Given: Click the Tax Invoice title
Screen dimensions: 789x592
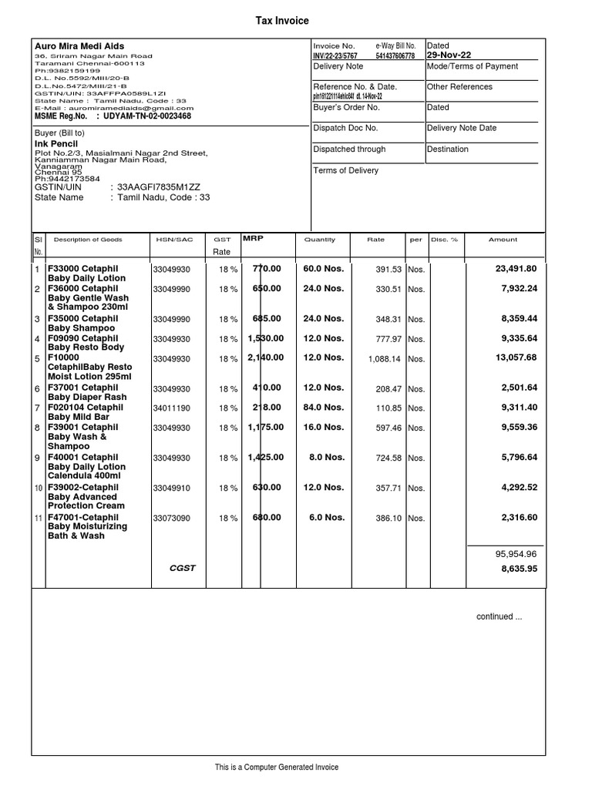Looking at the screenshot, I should pos(282,21).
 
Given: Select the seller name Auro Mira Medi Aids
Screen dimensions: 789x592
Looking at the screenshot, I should pos(79,46).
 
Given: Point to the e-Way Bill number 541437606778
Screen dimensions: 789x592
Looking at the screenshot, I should pos(395,56).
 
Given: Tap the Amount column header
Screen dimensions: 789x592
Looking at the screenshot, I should pos(503,240).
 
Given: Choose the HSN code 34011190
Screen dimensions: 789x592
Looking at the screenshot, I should pos(171,408).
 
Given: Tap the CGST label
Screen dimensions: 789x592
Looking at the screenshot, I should pos(183,569).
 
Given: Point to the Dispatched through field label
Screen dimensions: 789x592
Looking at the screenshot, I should pos(349,149).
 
